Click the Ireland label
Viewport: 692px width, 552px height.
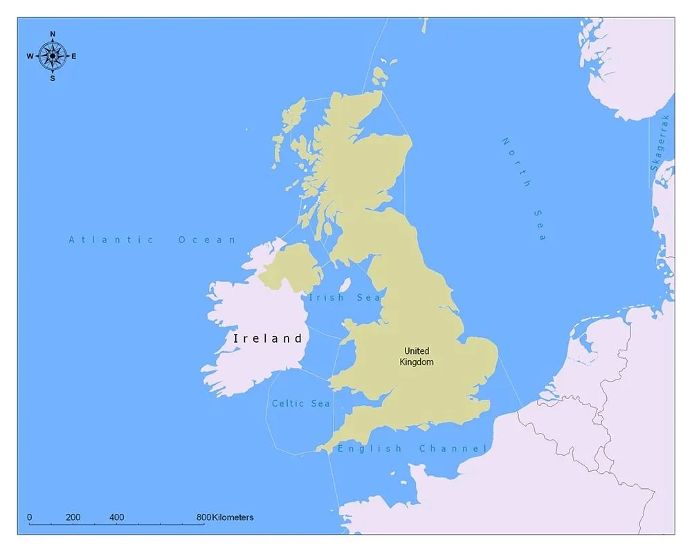tap(268, 339)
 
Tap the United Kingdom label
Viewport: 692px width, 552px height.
tap(416, 356)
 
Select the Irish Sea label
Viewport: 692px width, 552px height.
tap(344, 298)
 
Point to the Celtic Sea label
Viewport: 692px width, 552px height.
tap(300, 403)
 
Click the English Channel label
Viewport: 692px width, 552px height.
tap(412, 449)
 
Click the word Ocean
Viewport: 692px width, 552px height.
tap(208, 240)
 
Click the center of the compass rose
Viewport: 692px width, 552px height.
tap(53, 56)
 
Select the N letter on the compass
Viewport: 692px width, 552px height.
tap(53, 34)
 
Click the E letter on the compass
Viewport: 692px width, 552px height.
tap(74, 57)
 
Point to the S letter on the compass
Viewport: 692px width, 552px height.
tap(53, 78)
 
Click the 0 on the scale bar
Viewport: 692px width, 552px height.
tap(29, 517)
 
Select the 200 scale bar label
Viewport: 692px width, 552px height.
tap(73, 517)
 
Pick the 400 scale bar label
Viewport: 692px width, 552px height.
tap(116, 517)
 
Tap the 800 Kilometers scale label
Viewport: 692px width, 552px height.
tap(225, 517)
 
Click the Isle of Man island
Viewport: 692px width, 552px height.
tap(345, 285)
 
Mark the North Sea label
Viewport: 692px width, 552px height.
tap(525, 188)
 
